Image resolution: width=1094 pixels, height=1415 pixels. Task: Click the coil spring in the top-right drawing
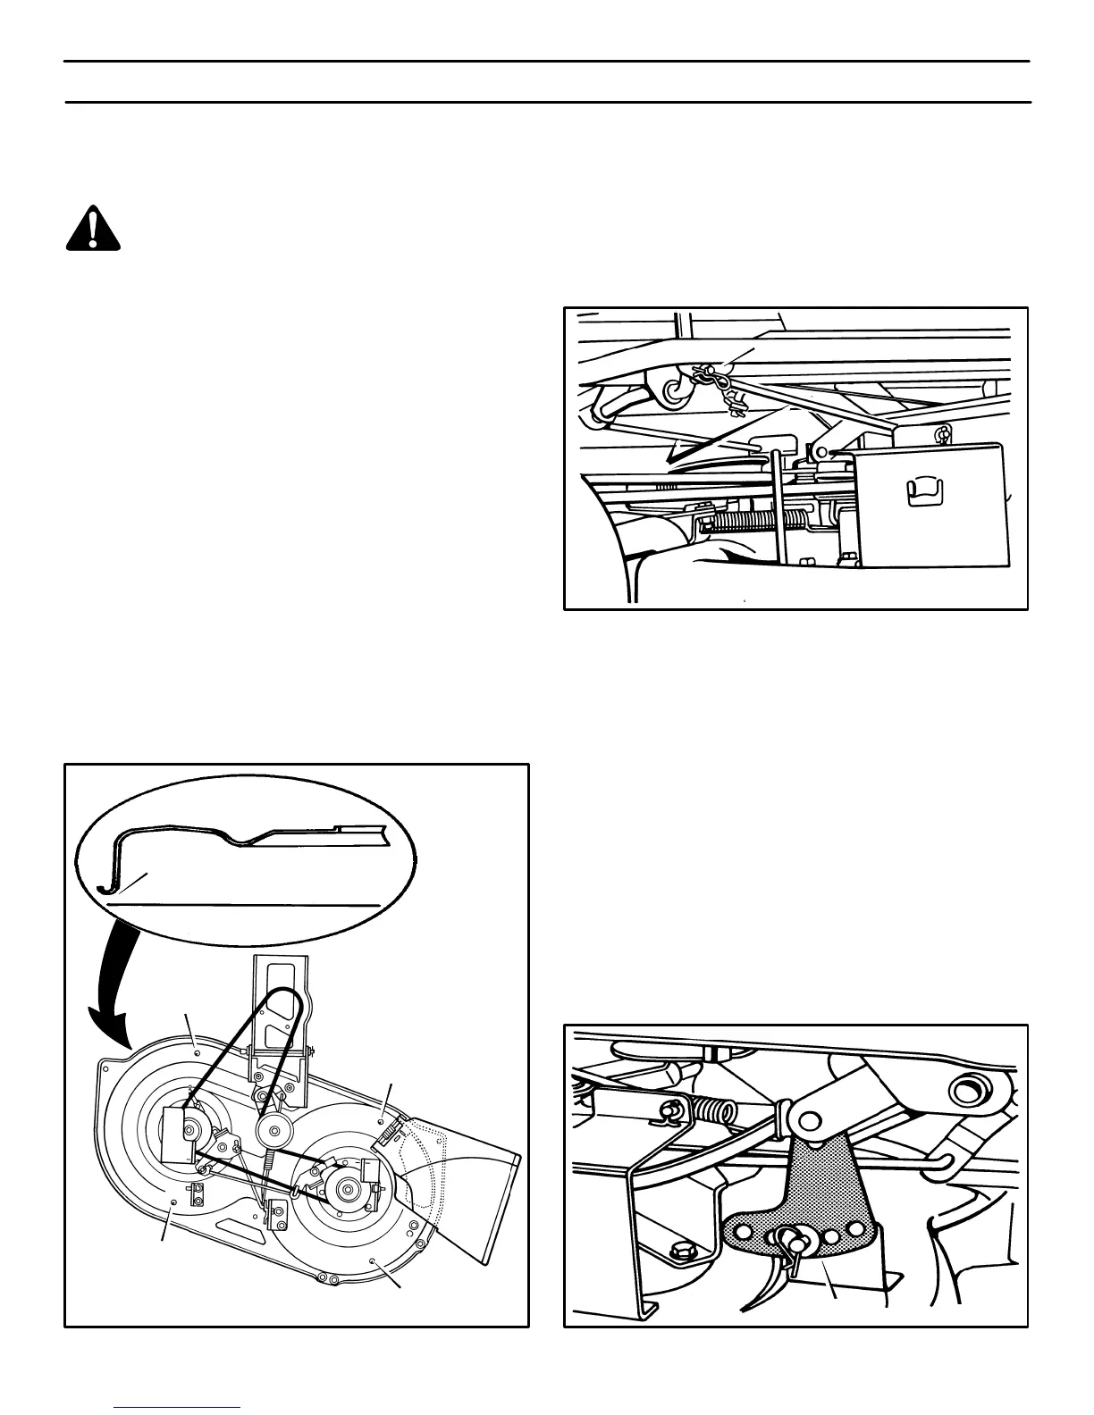point(746,522)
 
